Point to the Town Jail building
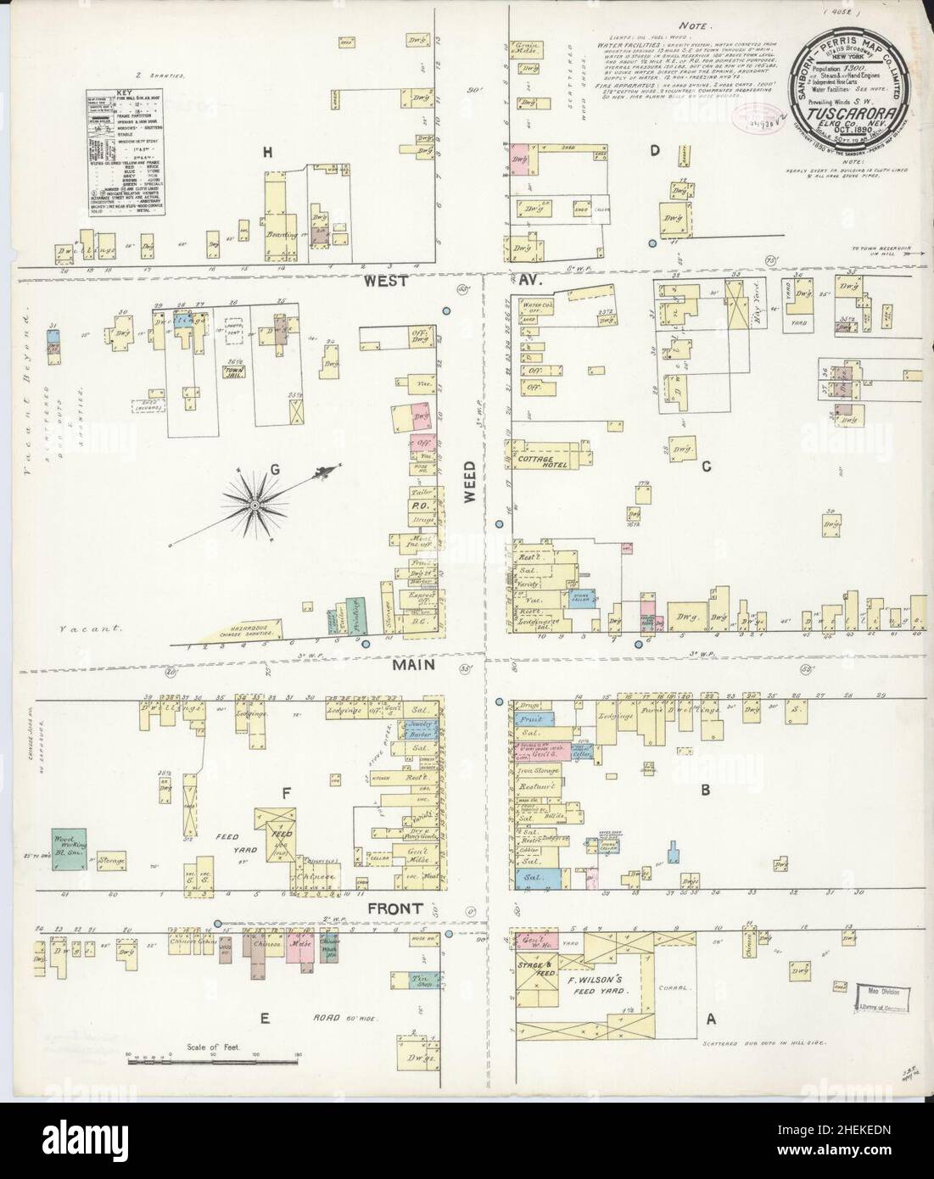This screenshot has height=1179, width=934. pyautogui.click(x=230, y=372)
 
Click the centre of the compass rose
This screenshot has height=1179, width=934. pyautogui.click(x=255, y=506)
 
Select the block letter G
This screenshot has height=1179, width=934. pyautogui.click(x=273, y=467)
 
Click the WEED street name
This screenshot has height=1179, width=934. pyautogui.click(x=473, y=489)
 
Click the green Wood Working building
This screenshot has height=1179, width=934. pyautogui.click(x=69, y=849)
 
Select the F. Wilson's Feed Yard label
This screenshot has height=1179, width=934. pyautogui.click(x=601, y=984)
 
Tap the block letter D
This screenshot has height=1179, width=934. pyautogui.click(x=654, y=151)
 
